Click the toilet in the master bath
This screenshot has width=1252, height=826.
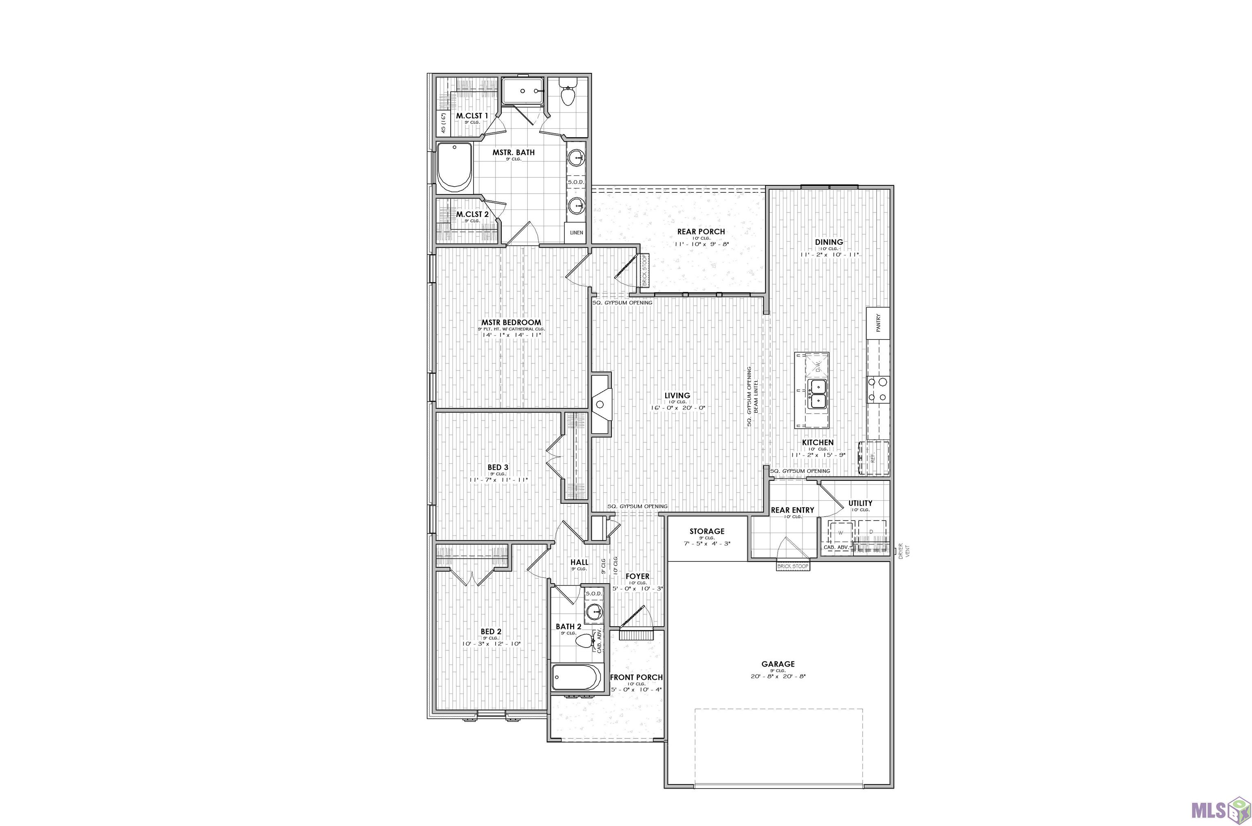[567, 96]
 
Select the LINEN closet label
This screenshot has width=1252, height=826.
[576, 232]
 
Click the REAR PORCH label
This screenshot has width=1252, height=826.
[701, 232]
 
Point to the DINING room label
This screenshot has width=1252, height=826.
[829, 242]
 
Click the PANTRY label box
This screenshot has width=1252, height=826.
[878, 323]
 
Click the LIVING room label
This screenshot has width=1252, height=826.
[677, 396]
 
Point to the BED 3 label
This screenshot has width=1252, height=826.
[498, 467]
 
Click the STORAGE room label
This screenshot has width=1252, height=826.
[707, 531]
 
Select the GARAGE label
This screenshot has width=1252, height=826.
[778, 664]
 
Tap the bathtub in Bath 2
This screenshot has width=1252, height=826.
[576, 677]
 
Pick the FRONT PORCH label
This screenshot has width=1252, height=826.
[636, 677]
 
